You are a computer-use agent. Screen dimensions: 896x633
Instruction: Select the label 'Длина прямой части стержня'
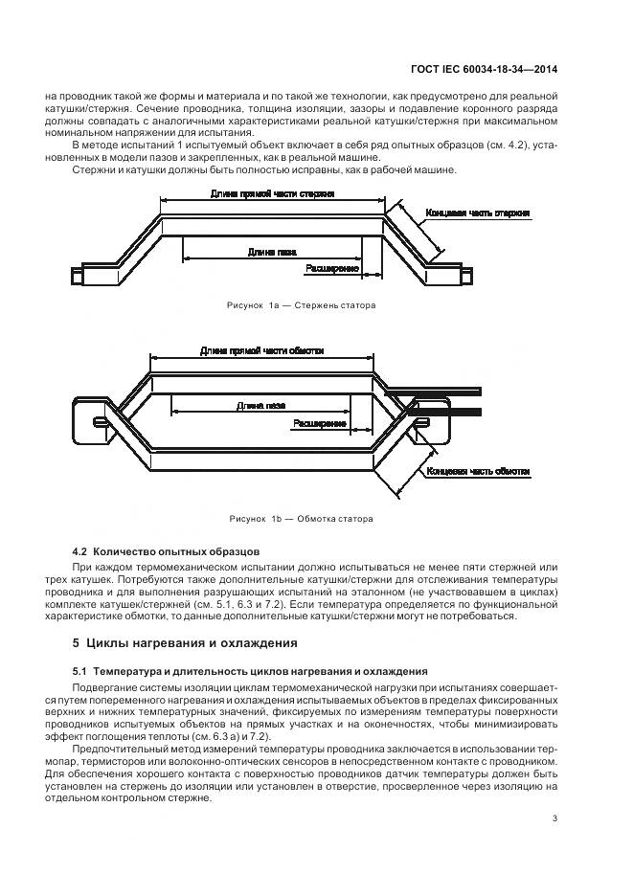point(272,194)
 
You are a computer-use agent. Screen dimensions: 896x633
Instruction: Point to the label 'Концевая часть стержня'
point(479,213)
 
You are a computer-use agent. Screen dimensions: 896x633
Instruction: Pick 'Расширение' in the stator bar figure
point(331,270)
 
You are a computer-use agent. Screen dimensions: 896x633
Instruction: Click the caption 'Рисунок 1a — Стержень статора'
point(301,305)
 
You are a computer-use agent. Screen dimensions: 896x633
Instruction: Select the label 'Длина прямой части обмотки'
point(262,351)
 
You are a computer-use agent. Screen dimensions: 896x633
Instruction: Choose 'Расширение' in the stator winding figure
point(320,422)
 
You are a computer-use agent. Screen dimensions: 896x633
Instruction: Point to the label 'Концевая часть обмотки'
point(480,473)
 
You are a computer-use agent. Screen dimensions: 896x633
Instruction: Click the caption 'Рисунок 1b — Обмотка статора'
point(301,519)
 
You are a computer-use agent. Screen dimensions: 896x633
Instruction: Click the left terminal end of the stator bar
point(91,273)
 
